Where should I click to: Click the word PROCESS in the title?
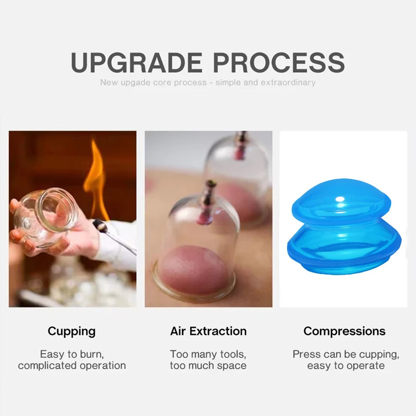coord(279,62)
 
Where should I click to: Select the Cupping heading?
coord(72,331)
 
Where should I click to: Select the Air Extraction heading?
coord(208,331)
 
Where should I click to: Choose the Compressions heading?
coord(345,331)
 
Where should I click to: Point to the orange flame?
coord(96,177)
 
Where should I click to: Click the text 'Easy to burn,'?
coord(72,354)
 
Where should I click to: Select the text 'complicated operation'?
coord(72,366)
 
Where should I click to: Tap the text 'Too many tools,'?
coord(208,354)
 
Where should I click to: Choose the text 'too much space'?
coord(208,366)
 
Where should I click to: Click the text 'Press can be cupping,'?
coord(346,354)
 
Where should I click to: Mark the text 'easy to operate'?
coord(346,366)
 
